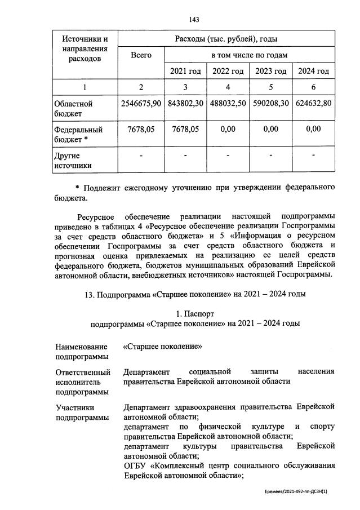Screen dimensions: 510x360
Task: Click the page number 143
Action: click(x=181, y=20)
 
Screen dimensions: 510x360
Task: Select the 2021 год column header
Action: click(x=185, y=71)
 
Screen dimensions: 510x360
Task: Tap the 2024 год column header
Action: click(x=313, y=71)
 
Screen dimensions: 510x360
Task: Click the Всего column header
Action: click(x=141, y=55)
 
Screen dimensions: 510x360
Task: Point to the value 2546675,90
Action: click(x=141, y=104)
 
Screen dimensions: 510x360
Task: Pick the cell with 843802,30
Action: click(x=185, y=104)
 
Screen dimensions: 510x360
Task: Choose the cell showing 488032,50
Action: click(x=228, y=104)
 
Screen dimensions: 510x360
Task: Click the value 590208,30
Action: click(x=270, y=104)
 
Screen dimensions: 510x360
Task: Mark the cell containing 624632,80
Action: click(x=313, y=104)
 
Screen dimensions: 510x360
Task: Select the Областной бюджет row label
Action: click(x=73, y=109)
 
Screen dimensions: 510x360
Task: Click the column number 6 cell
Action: click(x=313, y=87)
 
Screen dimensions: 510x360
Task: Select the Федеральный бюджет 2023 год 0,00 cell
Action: click(x=270, y=129)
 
